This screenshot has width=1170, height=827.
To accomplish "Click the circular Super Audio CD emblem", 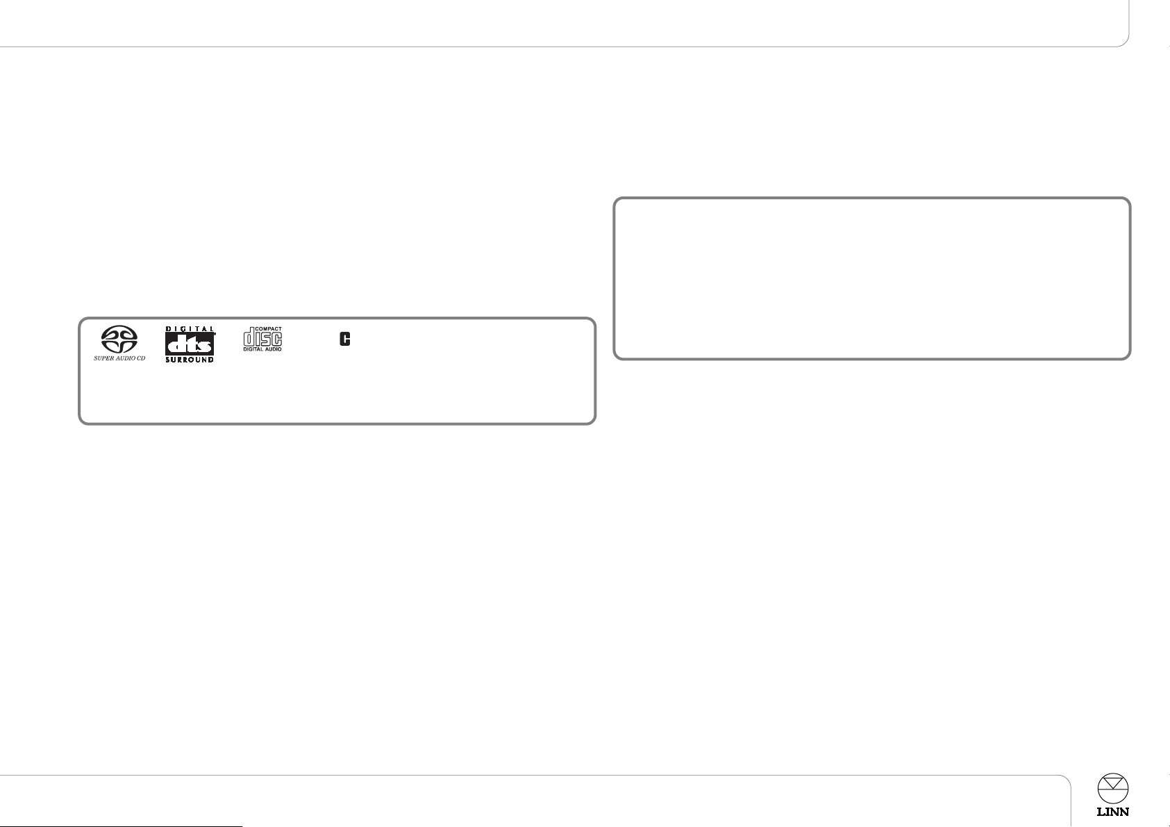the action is (119, 339).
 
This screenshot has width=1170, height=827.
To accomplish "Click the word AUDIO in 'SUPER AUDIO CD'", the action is (124, 358).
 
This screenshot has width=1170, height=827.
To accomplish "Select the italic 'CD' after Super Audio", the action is (141, 358).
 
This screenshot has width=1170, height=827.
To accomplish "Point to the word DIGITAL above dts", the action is (190, 329).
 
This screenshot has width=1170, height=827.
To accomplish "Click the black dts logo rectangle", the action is (190, 344).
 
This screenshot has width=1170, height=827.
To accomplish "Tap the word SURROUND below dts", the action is (190, 360).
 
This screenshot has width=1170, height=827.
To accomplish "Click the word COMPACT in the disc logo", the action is (269, 329).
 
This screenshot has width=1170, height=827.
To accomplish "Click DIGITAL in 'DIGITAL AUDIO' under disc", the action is (252, 349).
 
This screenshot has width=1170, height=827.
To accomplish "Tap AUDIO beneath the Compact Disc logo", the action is (273, 349).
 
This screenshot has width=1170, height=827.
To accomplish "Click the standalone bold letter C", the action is (344, 339).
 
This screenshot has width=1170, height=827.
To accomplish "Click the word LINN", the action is (1112, 812).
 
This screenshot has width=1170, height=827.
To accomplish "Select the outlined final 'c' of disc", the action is (276, 339).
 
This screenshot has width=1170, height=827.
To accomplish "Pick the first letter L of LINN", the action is (1101, 812).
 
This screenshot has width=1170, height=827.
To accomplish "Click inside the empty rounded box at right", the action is (871, 278).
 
